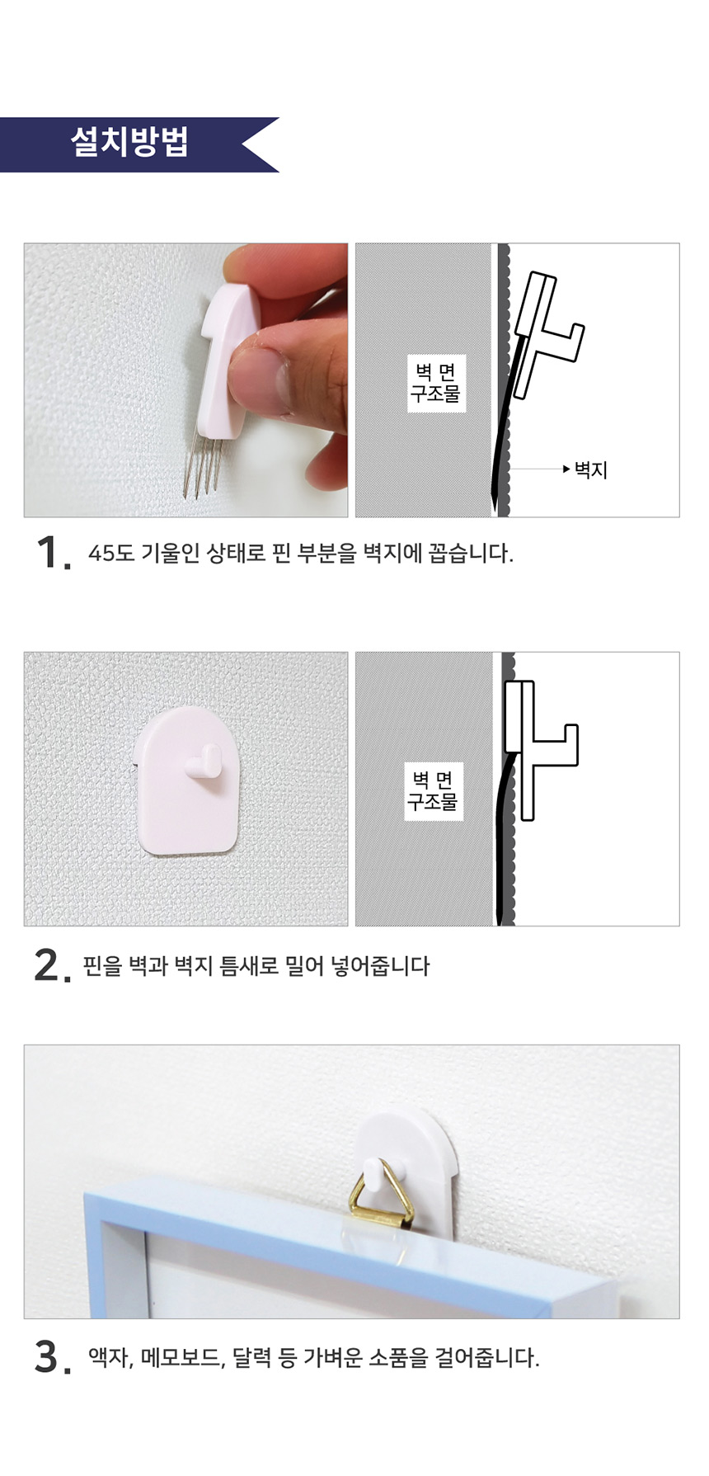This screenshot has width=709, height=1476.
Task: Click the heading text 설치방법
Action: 129,142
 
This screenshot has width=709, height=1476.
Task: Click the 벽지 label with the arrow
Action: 591,469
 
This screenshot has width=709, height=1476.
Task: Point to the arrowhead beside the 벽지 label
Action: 566,469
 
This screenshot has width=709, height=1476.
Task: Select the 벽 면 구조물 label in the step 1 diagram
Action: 435,383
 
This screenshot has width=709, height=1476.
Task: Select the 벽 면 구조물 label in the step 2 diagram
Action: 432,790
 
